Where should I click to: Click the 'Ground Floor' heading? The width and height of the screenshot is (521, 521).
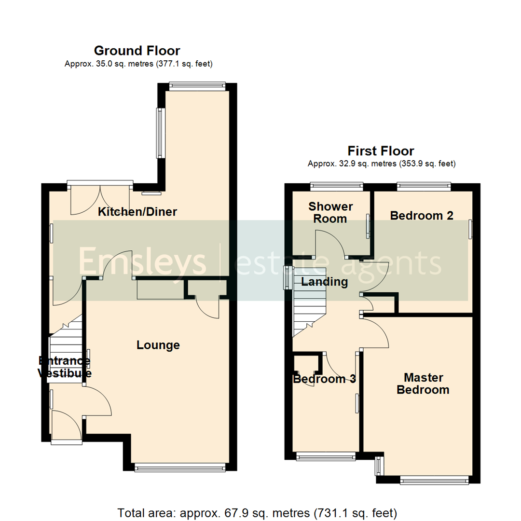137,51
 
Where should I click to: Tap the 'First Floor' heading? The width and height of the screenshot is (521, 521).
381,151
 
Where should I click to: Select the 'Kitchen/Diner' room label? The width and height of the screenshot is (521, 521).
138,212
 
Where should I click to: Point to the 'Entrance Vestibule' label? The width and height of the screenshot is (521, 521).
65,367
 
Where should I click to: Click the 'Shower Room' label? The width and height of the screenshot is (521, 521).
330,212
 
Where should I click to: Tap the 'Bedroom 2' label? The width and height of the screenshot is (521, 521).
422,216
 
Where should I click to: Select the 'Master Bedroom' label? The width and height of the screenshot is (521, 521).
423,384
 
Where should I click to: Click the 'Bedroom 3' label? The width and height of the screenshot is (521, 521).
325,379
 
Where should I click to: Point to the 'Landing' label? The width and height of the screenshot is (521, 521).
324,282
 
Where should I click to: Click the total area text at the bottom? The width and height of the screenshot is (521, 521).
257,512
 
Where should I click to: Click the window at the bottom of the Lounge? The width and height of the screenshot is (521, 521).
179,466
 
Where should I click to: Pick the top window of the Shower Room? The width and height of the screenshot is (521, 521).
336,184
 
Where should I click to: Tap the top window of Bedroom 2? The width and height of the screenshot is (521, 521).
424,184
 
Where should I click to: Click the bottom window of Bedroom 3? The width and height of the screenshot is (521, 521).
326,455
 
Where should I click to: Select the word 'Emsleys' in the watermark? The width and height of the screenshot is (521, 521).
142,262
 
